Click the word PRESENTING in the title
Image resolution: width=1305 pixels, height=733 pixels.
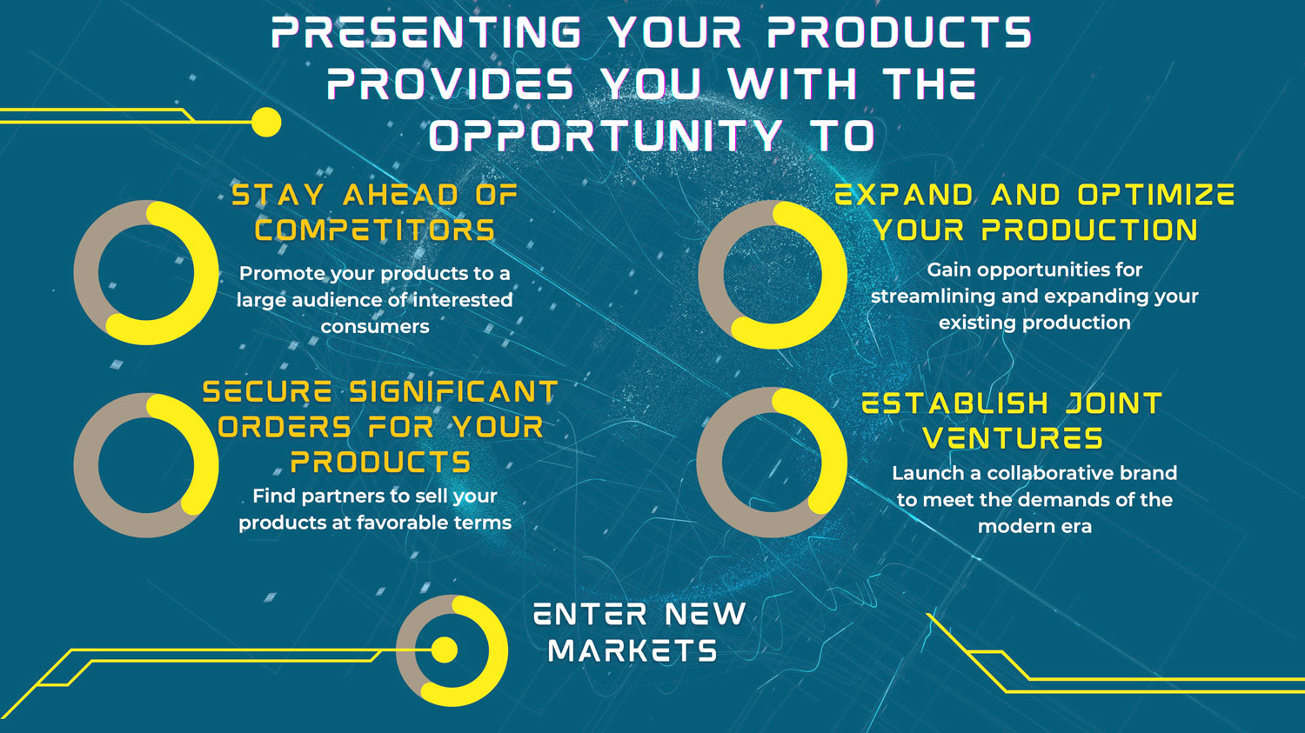pyautogui.click(x=426, y=32)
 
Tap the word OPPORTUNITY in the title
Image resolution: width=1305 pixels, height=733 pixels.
pyautogui.click(x=606, y=135)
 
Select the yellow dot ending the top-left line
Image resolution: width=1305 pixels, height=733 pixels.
pyautogui.click(x=266, y=123)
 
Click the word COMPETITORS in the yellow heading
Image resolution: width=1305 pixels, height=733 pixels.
pyautogui.click(x=375, y=230)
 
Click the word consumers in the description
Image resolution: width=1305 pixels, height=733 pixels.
pyautogui.click(x=375, y=327)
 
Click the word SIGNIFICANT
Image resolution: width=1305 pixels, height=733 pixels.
pyautogui.click(x=453, y=392)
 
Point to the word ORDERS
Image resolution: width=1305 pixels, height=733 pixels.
pyautogui.click(x=284, y=428)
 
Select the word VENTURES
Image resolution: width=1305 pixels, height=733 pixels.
pyautogui.click(x=1014, y=438)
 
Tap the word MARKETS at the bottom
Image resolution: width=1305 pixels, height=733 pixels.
pyautogui.click(x=632, y=650)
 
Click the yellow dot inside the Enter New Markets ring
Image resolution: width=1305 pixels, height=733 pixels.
pyautogui.click(x=445, y=650)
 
